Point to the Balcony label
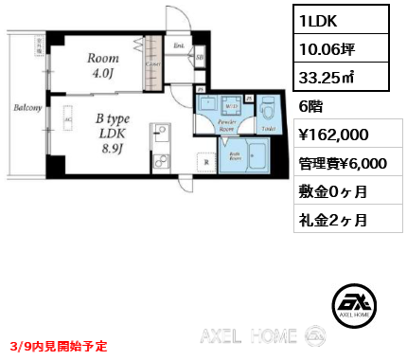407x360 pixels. pos(27,107)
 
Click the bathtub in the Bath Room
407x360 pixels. pos(250,159)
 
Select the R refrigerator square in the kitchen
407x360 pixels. pos(206,162)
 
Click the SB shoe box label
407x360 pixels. pos(200,59)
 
